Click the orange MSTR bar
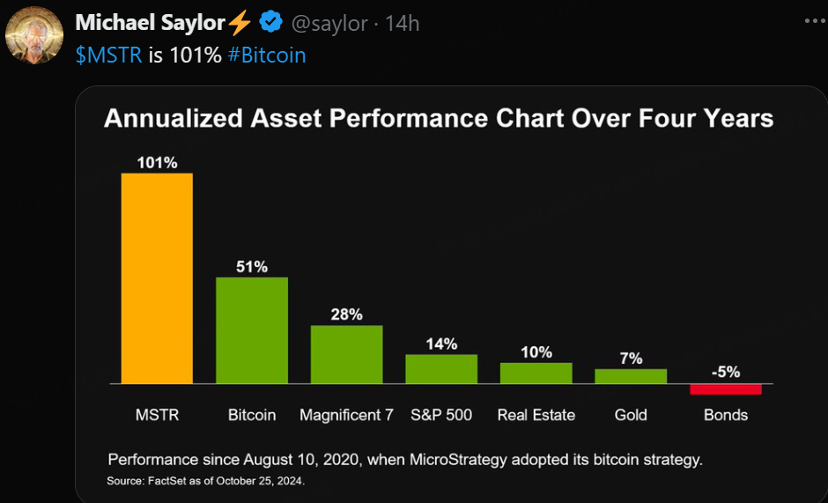pyautogui.click(x=157, y=278)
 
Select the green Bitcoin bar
pyautogui.click(x=252, y=330)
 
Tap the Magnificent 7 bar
pyautogui.click(x=346, y=354)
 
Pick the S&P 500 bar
pyautogui.click(x=441, y=369)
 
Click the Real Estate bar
pyautogui.click(x=536, y=374)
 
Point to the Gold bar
pyautogui.click(x=631, y=376)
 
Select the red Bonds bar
pyautogui.click(x=725, y=389)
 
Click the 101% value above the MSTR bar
pyautogui.click(x=157, y=162)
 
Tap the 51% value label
pyautogui.click(x=252, y=266)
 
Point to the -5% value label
pyautogui.click(x=725, y=372)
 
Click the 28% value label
pyautogui.click(x=346, y=314)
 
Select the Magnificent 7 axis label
pyautogui.click(x=346, y=415)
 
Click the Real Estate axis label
pyautogui.click(x=536, y=415)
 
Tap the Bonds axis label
pyautogui.click(x=725, y=415)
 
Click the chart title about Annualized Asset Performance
pyautogui.click(x=439, y=118)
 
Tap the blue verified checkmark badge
pyautogui.click(x=270, y=23)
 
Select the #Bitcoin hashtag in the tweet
pyautogui.click(x=266, y=55)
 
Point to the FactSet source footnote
pyautogui.click(x=205, y=481)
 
